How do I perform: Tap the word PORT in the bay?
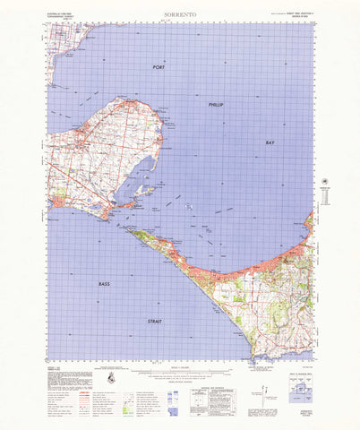[159, 68]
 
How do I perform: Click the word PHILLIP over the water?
[216, 105]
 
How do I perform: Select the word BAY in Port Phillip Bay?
[270, 142]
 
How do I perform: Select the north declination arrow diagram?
[260, 387]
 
